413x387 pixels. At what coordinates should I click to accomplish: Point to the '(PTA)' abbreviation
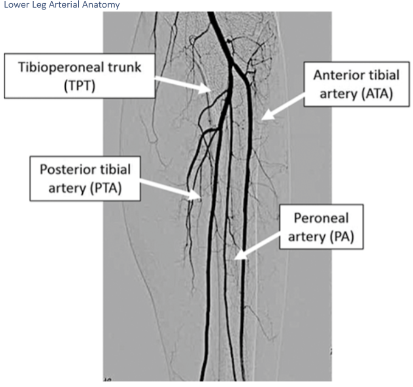(107, 188)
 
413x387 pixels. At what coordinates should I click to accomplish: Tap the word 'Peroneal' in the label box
(321, 218)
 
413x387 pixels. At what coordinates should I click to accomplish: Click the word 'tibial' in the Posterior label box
(116, 169)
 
